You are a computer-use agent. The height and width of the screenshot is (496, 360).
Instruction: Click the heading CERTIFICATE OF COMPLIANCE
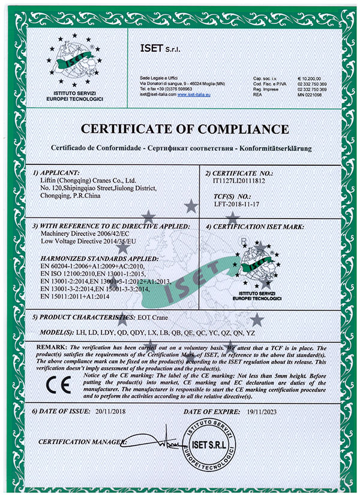point(181,129)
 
